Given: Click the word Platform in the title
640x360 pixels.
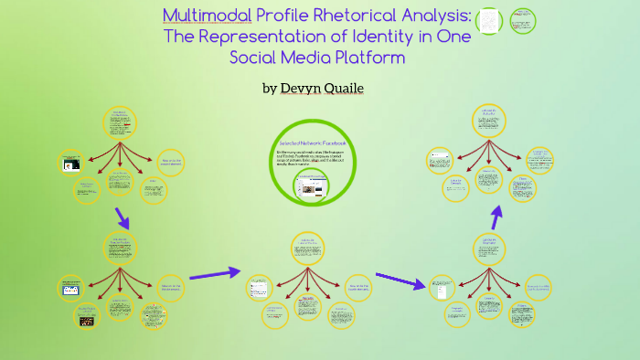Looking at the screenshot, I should (359, 58).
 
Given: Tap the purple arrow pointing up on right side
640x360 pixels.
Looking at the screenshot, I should (496, 217).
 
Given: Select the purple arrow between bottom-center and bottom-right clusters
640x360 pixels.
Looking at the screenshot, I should (400, 280).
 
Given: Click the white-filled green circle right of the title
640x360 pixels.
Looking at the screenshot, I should (490, 20).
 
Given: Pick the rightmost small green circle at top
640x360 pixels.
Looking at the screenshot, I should (523, 20).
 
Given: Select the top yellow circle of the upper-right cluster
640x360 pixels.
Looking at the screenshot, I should (489, 120).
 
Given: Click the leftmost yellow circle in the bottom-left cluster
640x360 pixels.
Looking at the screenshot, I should (72, 288).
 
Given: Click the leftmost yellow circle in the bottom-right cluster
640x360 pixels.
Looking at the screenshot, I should (442, 288).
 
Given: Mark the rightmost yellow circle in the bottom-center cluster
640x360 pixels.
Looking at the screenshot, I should (357, 288).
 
